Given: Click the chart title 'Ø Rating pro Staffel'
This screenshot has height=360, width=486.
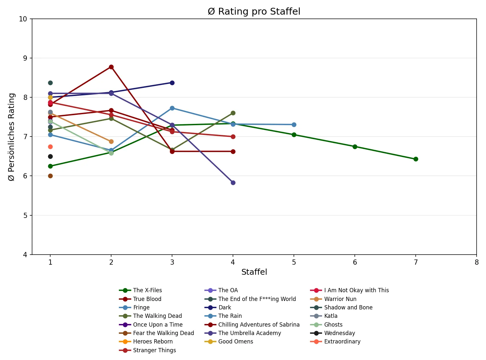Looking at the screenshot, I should click(254, 12).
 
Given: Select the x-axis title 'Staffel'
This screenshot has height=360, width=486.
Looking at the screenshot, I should click(254, 272).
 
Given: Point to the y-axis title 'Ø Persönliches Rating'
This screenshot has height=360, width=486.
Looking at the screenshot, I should click(11, 137).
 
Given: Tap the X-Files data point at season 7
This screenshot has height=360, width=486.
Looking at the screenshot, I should click(416, 159).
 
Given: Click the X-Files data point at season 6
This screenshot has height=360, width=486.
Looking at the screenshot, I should click(355, 147).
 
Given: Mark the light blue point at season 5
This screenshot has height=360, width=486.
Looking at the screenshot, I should click(294, 125).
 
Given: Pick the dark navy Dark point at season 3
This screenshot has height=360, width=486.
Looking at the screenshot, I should click(172, 83).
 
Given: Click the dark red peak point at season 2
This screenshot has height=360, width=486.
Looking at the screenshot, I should click(111, 67).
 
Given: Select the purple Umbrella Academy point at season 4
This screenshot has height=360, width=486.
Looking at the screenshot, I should click(233, 183).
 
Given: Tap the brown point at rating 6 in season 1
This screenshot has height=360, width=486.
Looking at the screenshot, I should click(50, 176).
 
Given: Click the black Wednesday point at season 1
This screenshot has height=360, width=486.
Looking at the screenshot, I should click(50, 156).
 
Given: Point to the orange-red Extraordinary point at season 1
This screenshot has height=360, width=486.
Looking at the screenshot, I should click(50, 147).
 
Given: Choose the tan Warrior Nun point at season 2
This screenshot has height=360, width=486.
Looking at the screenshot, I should click(111, 141).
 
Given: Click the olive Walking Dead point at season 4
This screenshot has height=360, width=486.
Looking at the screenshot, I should click(233, 113).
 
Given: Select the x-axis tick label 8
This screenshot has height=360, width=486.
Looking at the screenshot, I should click(477, 262).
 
